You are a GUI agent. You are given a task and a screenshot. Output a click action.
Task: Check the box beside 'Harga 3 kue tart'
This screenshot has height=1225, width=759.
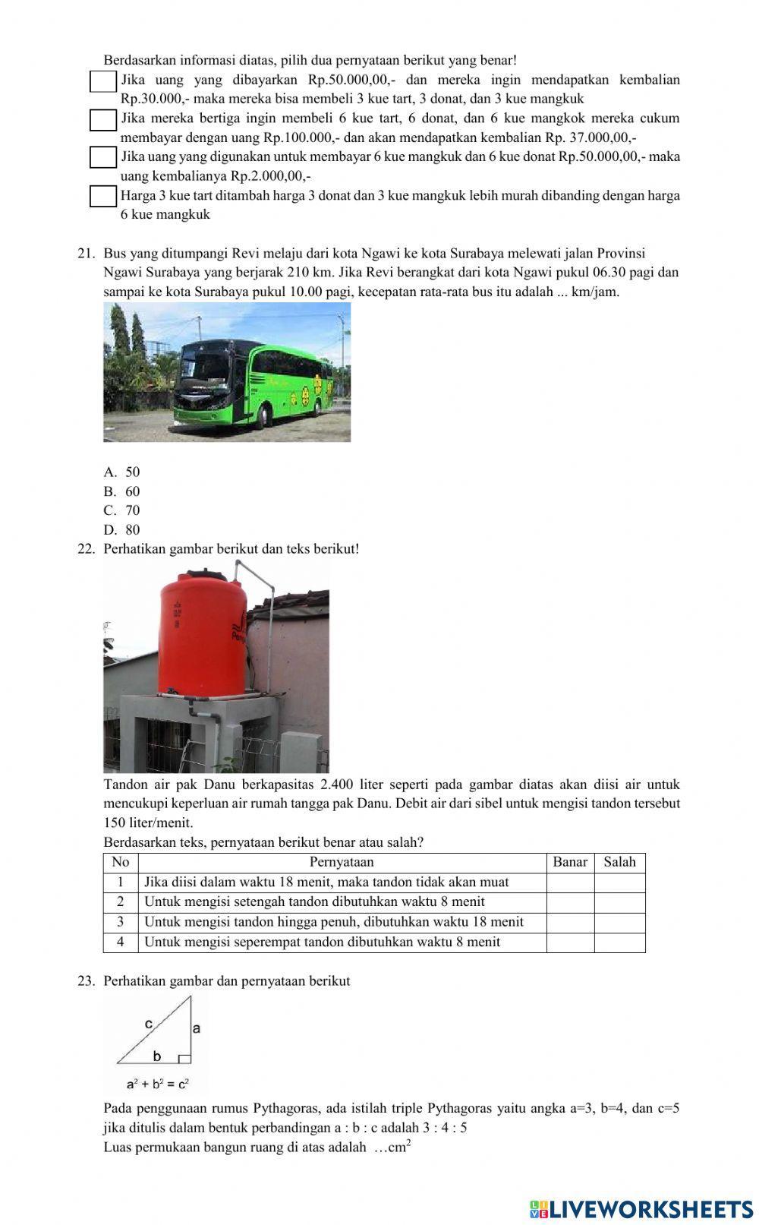(102, 196)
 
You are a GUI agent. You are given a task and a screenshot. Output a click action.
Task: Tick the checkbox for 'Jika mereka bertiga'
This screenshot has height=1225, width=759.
(102, 119)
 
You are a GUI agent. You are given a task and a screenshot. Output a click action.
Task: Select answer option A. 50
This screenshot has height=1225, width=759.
(122, 472)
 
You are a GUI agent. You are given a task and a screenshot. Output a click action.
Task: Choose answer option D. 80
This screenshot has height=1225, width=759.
(122, 530)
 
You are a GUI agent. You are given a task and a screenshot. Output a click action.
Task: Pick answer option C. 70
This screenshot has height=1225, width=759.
(122, 510)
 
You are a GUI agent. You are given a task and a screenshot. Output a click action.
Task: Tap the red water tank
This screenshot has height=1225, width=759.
(201, 634)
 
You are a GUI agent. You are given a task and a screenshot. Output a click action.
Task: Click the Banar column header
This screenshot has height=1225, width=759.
(570, 862)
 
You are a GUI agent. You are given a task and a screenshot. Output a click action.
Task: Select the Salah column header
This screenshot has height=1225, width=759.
(619, 862)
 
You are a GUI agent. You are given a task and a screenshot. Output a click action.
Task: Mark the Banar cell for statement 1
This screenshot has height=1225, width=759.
(570, 882)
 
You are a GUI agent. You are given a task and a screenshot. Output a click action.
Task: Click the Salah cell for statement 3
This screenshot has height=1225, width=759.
(619, 922)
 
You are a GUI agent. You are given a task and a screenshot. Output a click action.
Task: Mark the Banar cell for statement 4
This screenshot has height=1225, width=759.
(570, 942)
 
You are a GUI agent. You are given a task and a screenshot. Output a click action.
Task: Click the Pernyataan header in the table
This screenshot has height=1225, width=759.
(342, 862)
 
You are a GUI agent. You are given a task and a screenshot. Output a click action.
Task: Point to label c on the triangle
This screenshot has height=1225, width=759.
(149, 1024)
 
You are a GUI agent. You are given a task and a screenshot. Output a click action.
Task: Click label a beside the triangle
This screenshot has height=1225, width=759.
(197, 1028)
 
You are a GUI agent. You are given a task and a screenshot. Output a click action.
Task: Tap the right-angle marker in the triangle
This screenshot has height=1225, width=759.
(184, 1059)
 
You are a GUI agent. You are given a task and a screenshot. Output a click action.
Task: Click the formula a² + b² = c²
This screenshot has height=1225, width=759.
(158, 1084)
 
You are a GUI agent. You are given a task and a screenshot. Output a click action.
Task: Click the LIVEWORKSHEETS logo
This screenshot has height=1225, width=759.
(641, 1209)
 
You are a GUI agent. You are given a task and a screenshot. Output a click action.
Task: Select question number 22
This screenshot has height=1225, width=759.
(85, 548)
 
